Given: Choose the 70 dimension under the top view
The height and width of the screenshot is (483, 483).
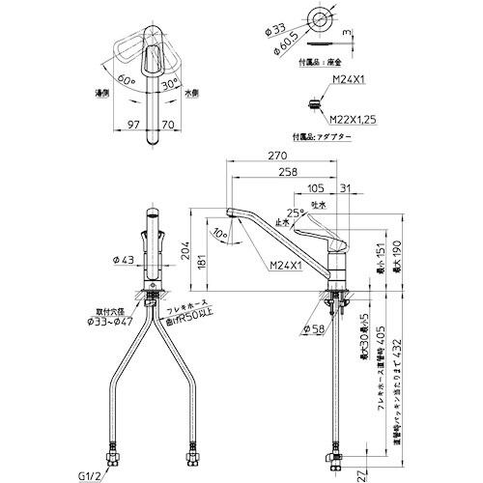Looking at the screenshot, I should coord(167,126).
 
